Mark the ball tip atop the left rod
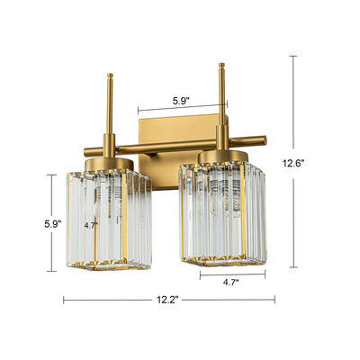[x=111, y=76]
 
